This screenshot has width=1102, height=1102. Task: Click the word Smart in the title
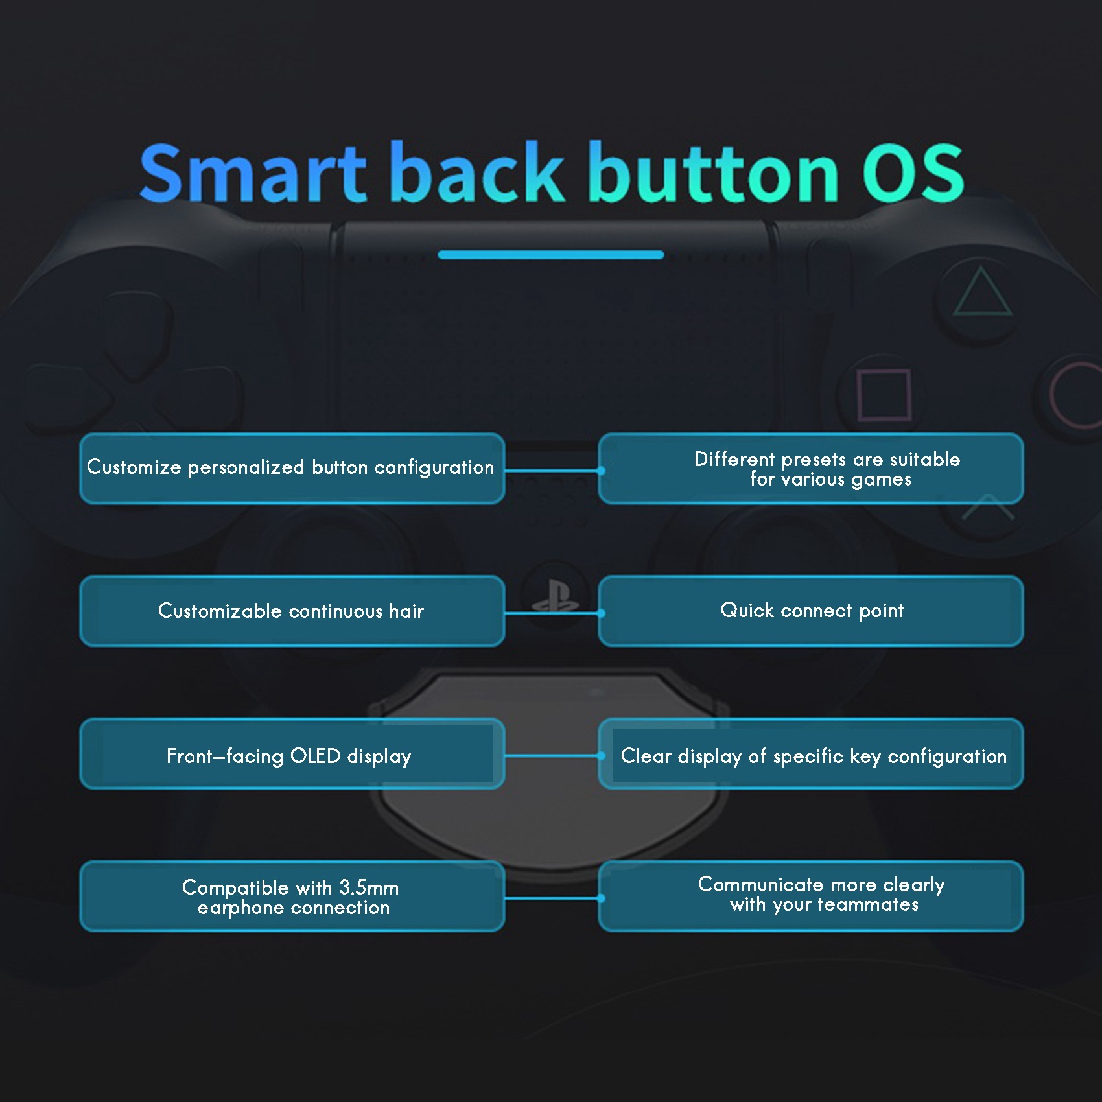[x=253, y=172]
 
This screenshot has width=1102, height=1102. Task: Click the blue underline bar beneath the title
[x=551, y=255]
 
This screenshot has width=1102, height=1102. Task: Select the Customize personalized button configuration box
[x=292, y=468]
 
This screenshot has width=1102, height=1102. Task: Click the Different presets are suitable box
[x=811, y=468]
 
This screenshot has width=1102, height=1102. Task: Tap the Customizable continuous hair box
[x=292, y=611]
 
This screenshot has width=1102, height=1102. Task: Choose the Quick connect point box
[x=811, y=611]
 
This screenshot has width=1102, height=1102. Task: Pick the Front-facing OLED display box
[x=292, y=753]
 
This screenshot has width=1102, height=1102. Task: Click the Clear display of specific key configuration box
[x=811, y=753]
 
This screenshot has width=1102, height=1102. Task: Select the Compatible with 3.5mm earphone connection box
[x=292, y=896]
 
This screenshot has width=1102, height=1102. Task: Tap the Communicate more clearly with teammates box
[x=811, y=896]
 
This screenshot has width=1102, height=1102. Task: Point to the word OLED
[x=315, y=756]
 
